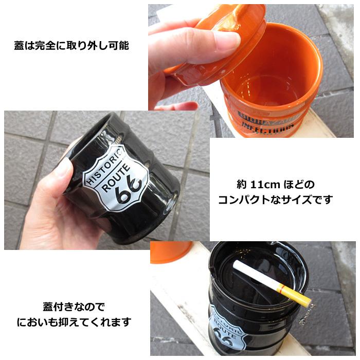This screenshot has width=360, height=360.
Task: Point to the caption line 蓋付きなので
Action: [73, 308]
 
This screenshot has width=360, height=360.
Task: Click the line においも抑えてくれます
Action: [74, 323]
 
